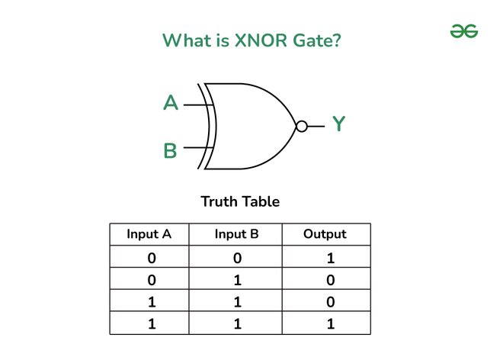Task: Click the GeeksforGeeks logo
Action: click(x=464, y=31)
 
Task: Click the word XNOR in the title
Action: click(x=261, y=40)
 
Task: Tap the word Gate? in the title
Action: click(x=317, y=40)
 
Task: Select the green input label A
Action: click(x=171, y=103)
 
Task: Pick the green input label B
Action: click(x=170, y=150)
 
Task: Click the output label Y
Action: click(x=338, y=124)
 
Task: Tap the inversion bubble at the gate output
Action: click(x=302, y=126)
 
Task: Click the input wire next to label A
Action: click(x=198, y=104)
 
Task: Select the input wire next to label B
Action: click(x=198, y=147)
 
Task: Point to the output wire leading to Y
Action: click(x=316, y=126)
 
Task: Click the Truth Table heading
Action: click(x=240, y=201)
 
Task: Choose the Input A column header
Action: click(x=149, y=234)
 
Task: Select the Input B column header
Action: click(x=237, y=234)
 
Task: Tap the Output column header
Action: click(x=325, y=234)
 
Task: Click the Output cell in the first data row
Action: click(x=331, y=259)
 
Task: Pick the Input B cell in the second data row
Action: click(x=237, y=280)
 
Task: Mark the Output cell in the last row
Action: click(x=331, y=323)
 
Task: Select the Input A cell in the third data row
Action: click(x=152, y=302)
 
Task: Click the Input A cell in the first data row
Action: click(x=152, y=259)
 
